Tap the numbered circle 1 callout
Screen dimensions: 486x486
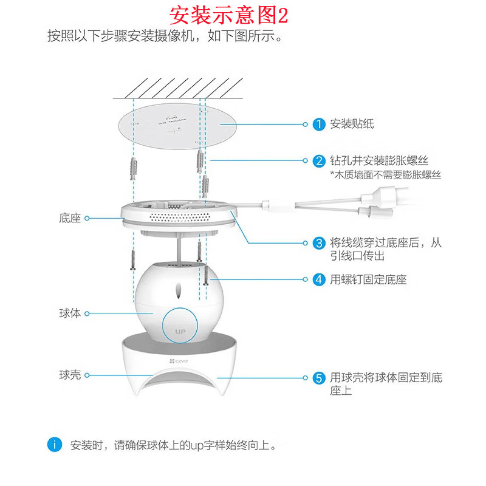(319, 125)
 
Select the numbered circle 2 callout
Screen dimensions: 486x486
(319, 161)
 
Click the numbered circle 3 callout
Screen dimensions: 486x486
(319, 243)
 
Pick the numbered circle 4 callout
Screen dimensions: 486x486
(319, 279)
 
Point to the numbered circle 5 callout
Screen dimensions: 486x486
(319, 377)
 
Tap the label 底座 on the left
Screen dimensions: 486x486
(70, 217)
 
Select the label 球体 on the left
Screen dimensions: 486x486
(70, 313)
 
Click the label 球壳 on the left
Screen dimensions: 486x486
(70, 375)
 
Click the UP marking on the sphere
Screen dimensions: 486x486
(180, 332)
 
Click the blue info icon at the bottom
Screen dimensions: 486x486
(56, 445)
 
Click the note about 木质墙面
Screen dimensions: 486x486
(385, 175)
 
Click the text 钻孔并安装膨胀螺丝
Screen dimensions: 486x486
(379, 161)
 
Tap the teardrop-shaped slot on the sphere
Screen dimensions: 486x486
(180, 291)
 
